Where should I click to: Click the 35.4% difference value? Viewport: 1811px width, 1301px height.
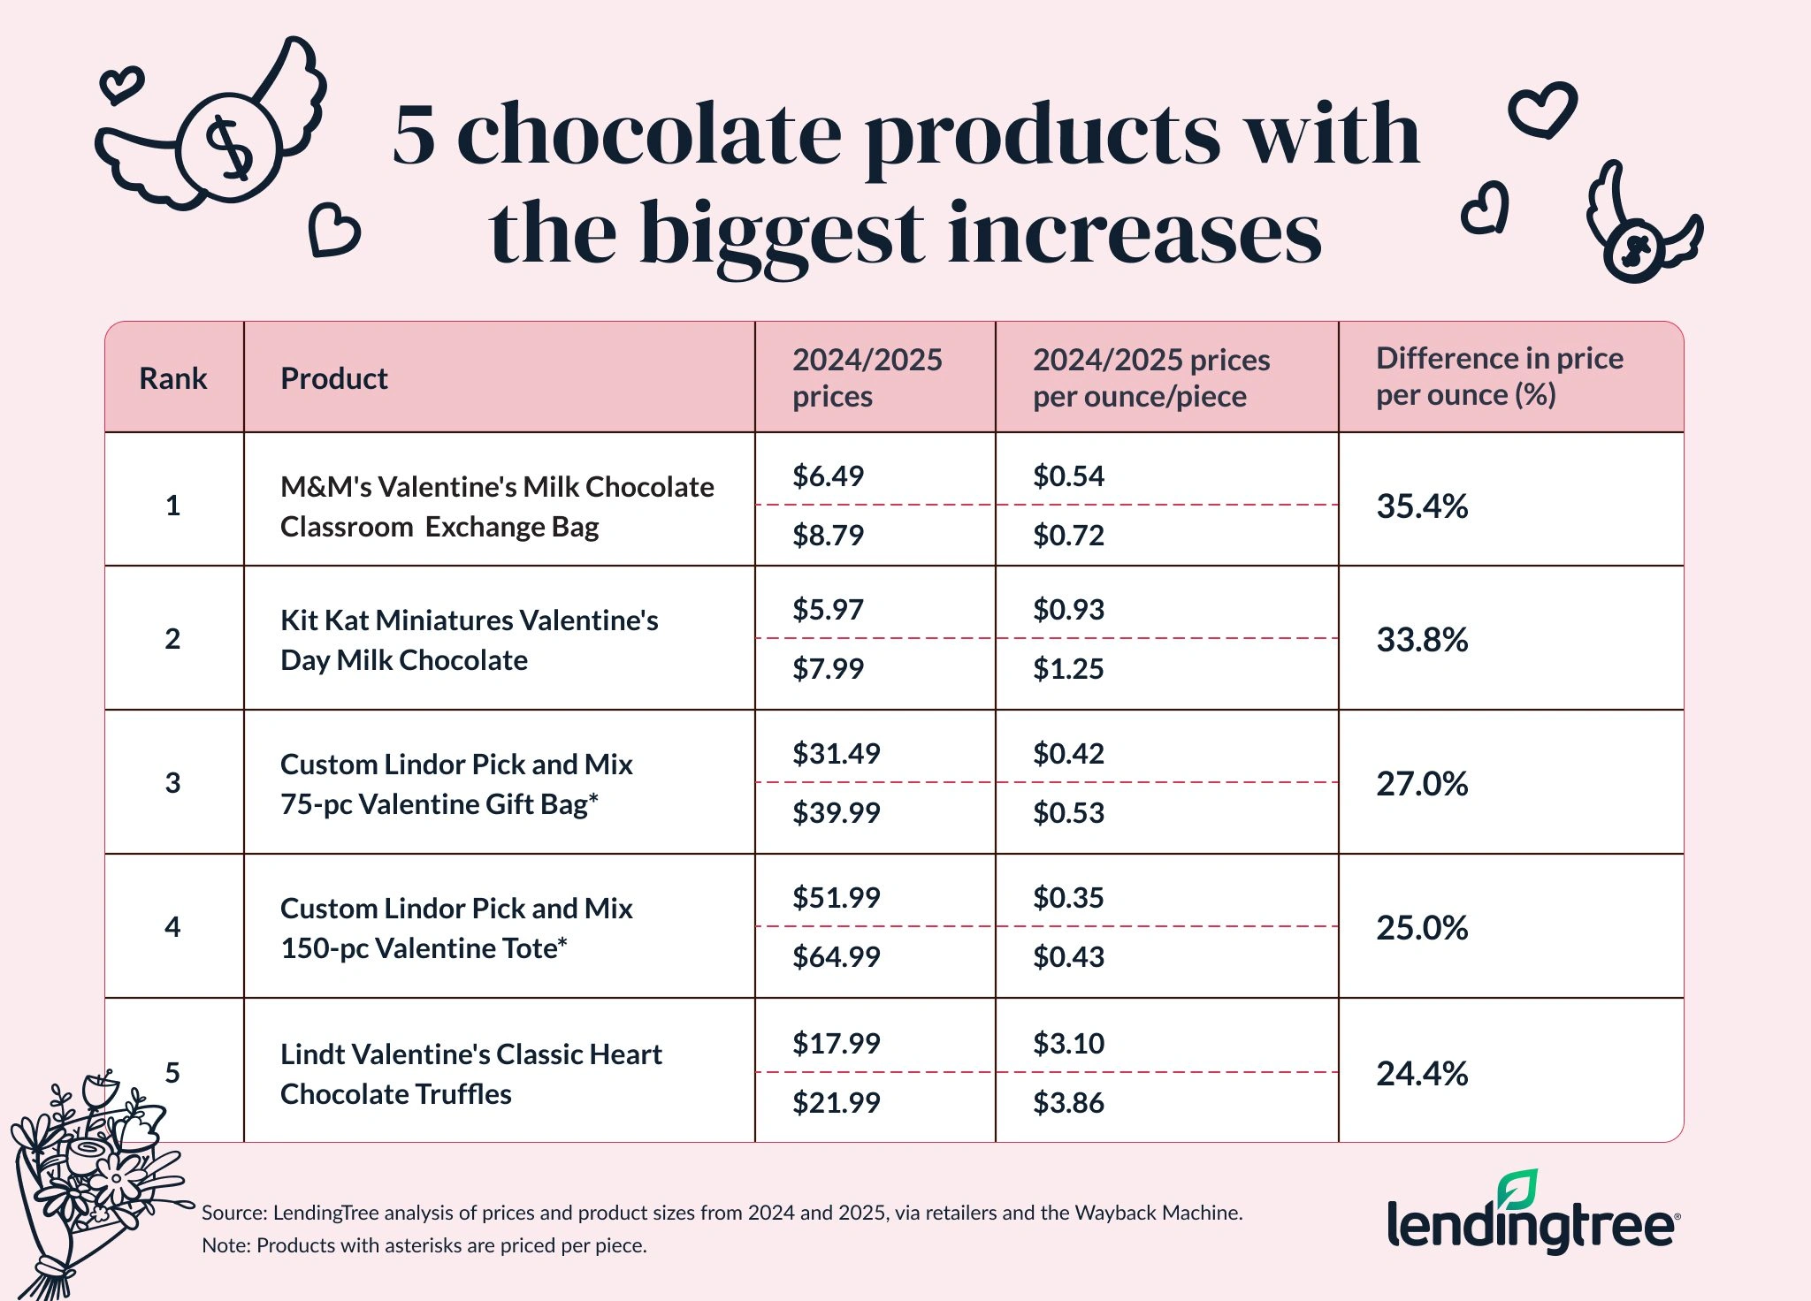tap(1421, 506)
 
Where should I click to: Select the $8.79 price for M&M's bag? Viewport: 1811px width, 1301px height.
tap(828, 536)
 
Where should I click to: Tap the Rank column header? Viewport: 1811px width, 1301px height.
tap(172, 378)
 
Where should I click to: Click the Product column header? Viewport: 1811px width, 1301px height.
tap(333, 378)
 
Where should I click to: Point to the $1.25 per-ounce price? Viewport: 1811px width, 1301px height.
tap(1068, 669)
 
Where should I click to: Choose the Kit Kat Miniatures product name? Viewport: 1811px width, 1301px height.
tap(469, 640)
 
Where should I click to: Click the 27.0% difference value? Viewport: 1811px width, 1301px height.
tap(1421, 784)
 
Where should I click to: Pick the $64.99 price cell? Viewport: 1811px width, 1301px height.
tap(836, 957)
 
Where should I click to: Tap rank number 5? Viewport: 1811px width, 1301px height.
tap(172, 1072)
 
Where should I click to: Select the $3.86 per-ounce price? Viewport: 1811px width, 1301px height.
tap(1068, 1103)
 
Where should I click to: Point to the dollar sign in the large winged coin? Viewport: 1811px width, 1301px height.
tap(228, 148)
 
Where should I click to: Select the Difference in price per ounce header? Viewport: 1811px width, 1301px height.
tap(1499, 377)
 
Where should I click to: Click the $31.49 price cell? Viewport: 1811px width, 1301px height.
tap(836, 754)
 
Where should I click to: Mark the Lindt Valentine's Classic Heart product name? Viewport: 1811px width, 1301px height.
tap(470, 1074)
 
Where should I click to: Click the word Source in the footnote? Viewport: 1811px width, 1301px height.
tap(232, 1213)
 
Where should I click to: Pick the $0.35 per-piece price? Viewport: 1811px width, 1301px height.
tap(1068, 898)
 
